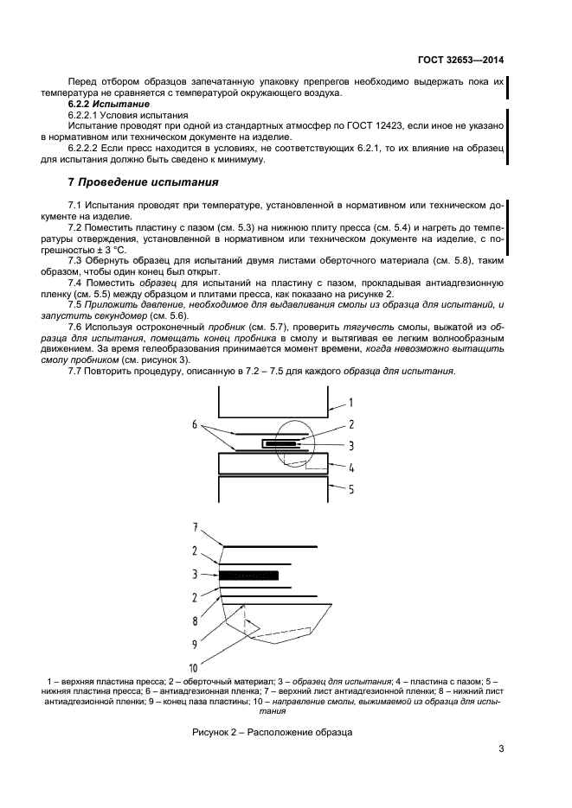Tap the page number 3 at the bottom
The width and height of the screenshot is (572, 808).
tap(501, 749)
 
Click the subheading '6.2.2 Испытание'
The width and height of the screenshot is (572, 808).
tap(102, 104)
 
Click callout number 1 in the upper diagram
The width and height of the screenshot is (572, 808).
tap(350, 402)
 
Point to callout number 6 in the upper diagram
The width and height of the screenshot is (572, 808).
tap(196, 425)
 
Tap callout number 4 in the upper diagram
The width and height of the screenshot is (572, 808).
tap(351, 469)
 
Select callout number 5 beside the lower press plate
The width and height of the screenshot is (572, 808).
tap(351, 488)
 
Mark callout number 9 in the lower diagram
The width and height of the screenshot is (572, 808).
tap(196, 644)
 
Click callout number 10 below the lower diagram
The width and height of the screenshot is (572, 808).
tap(195, 667)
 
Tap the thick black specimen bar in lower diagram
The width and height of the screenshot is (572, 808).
tap(249, 574)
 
